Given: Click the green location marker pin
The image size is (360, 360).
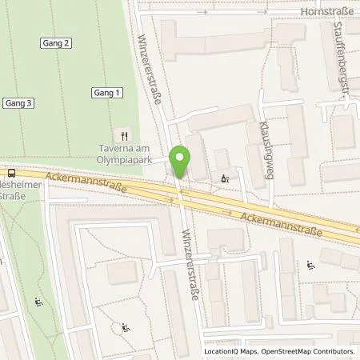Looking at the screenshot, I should pyautogui.click(x=182, y=161).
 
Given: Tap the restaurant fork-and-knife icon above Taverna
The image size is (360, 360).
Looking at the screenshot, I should pyautogui.click(x=123, y=136).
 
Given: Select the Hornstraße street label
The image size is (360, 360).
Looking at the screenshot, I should pyautogui.click(x=326, y=13).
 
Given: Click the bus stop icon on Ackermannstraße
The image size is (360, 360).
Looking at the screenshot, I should pyautogui.click(x=10, y=172).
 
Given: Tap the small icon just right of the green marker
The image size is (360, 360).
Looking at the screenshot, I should pyautogui.click(x=224, y=178).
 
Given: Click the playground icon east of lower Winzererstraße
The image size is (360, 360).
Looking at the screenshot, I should pyautogui.click(x=311, y=265).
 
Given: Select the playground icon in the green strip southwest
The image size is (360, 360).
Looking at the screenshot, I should pyautogui.click(x=38, y=302).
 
